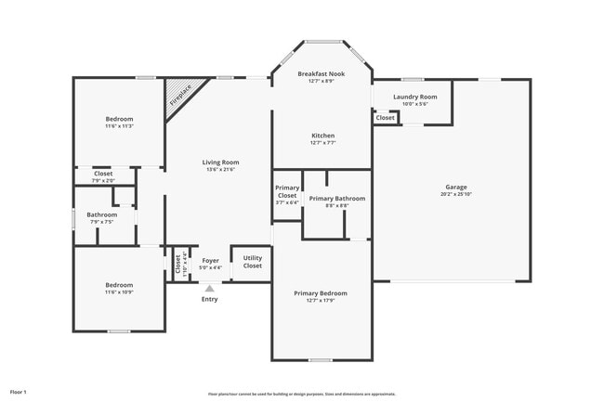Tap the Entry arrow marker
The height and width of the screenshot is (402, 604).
[x=210, y=289]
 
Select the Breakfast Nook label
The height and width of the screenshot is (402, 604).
[x=322, y=73]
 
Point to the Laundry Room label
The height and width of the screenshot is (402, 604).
[x=414, y=97]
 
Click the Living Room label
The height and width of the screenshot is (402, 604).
[x=220, y=162]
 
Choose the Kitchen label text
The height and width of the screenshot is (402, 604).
[x=322, y=136]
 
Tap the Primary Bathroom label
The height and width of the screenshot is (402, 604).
[x=336, y=198]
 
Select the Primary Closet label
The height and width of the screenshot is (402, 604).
[x=287, y=192]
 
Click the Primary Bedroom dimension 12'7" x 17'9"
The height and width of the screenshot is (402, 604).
[x=321, y=301]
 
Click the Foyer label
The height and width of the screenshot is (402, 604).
[x=211, y=261]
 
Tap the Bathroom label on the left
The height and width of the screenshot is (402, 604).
[x=102, y=214]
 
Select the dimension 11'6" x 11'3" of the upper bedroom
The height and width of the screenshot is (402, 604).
[x=119, y=126]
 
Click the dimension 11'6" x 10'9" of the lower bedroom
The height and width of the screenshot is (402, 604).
[x=119, y=292]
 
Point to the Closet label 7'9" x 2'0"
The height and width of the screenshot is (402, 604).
[x=103, y=180]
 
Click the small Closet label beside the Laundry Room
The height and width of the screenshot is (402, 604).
[x=385, y=118]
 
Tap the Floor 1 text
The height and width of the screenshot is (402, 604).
[x=20, y=392]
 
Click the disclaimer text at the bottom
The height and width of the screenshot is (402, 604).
[x=302, y=394]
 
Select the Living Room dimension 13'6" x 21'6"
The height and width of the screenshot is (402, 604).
[x=220, y=170]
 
